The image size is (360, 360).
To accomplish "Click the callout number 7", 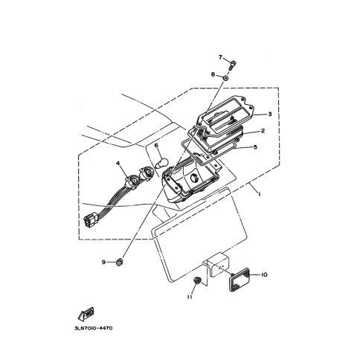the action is point(220,57).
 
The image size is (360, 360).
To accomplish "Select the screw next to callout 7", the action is point(232,65).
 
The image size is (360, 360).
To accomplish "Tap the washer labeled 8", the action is point(225,78).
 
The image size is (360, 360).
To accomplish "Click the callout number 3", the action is point(270,115).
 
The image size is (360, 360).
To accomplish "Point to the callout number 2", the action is point(263,130).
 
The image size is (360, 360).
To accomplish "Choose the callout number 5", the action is point(255,147).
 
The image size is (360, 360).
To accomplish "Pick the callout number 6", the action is point(156,145).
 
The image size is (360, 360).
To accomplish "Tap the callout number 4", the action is point(118,163).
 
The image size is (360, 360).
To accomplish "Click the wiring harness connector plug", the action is point(90,219).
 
